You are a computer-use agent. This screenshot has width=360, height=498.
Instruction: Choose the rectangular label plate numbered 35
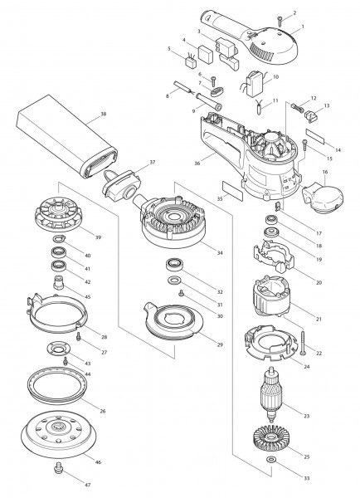coord(234,193)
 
